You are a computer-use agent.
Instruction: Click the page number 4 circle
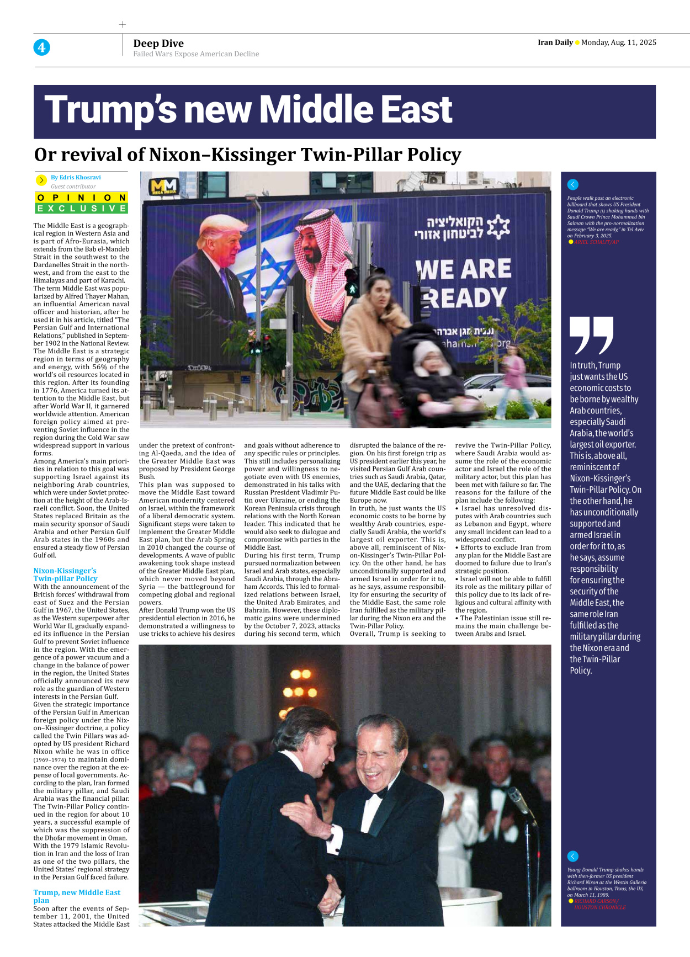pyautogui.click(x=41, y=47)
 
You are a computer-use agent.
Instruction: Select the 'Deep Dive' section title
pyautogui.click(x=158, y=44)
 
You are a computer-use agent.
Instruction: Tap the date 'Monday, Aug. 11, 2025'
pyautogui.click(x=619, y=42)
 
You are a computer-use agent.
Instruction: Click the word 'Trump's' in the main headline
pyautogui.click(x=110, y=110)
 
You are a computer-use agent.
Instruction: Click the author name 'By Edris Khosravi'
pyautogui.click(x=76, y=178)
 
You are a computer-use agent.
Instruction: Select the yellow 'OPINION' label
pyautogui.click(x=82, y=198)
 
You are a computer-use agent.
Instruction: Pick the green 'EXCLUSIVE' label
pyautogui.click(x=82, y=208)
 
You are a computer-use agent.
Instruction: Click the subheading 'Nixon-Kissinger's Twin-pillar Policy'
pyautogui.click(x=65, y=575)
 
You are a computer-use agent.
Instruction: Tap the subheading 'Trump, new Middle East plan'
pyautogui.click(x=77, y=896)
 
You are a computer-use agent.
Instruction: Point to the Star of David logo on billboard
pyautogui.click(x=498, y=226)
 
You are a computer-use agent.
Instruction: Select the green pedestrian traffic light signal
pyautogui.click(x=351, y=288)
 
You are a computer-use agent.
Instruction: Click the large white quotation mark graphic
pyautogui.click(x=591, y=334)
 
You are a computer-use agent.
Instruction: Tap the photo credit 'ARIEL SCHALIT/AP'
pyautogui.click(x=596, y=242)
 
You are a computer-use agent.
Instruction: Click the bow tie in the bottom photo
pyautogui.click(x=378, y=795)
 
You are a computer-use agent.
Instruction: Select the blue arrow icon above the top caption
pyautogui.click(x=573, y=185)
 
